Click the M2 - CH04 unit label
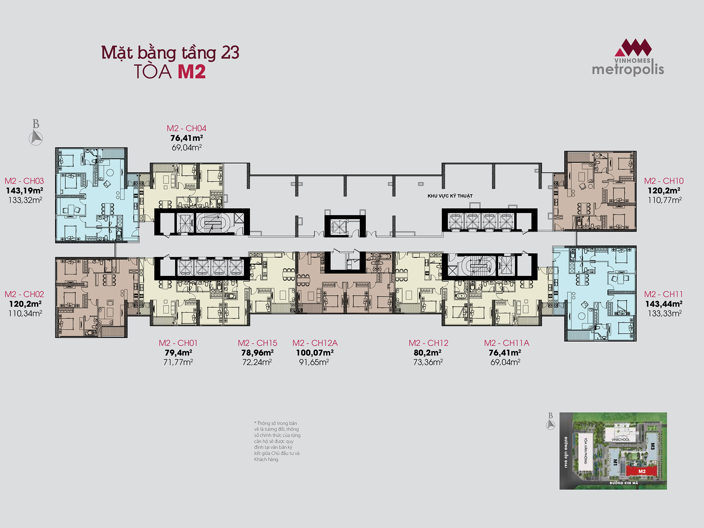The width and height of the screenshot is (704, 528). tap(187, 128)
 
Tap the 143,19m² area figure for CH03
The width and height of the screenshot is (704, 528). tap(25, 190)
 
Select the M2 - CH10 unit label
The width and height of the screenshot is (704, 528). tap(664, 181)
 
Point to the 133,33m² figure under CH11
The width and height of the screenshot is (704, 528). tap(665, 313)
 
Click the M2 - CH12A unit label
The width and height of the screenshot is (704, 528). tap(315, 343)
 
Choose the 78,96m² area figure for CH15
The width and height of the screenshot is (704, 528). tap(257, 352)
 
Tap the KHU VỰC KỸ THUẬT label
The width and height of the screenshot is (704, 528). tap(450, 196)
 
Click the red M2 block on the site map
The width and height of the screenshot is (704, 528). tap(642, 471)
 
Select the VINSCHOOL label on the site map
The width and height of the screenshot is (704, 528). tap(621, 440)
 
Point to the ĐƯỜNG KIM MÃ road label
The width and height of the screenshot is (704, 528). tap(624, 483)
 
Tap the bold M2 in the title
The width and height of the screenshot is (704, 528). tap(192, 71)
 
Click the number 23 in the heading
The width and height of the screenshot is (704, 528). tap(230, 52)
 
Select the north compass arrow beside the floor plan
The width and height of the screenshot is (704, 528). tap(36, 137)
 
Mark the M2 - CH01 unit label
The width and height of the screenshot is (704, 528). tap(178, 343)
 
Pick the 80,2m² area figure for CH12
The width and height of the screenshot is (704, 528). tap(428, 352)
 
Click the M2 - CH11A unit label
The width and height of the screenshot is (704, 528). tap(507, 343)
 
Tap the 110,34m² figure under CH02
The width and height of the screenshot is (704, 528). tap(25, 313)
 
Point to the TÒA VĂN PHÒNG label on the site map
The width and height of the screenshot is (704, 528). tap(586, 451)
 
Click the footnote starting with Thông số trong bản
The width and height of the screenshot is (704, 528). tap(277, 441)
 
